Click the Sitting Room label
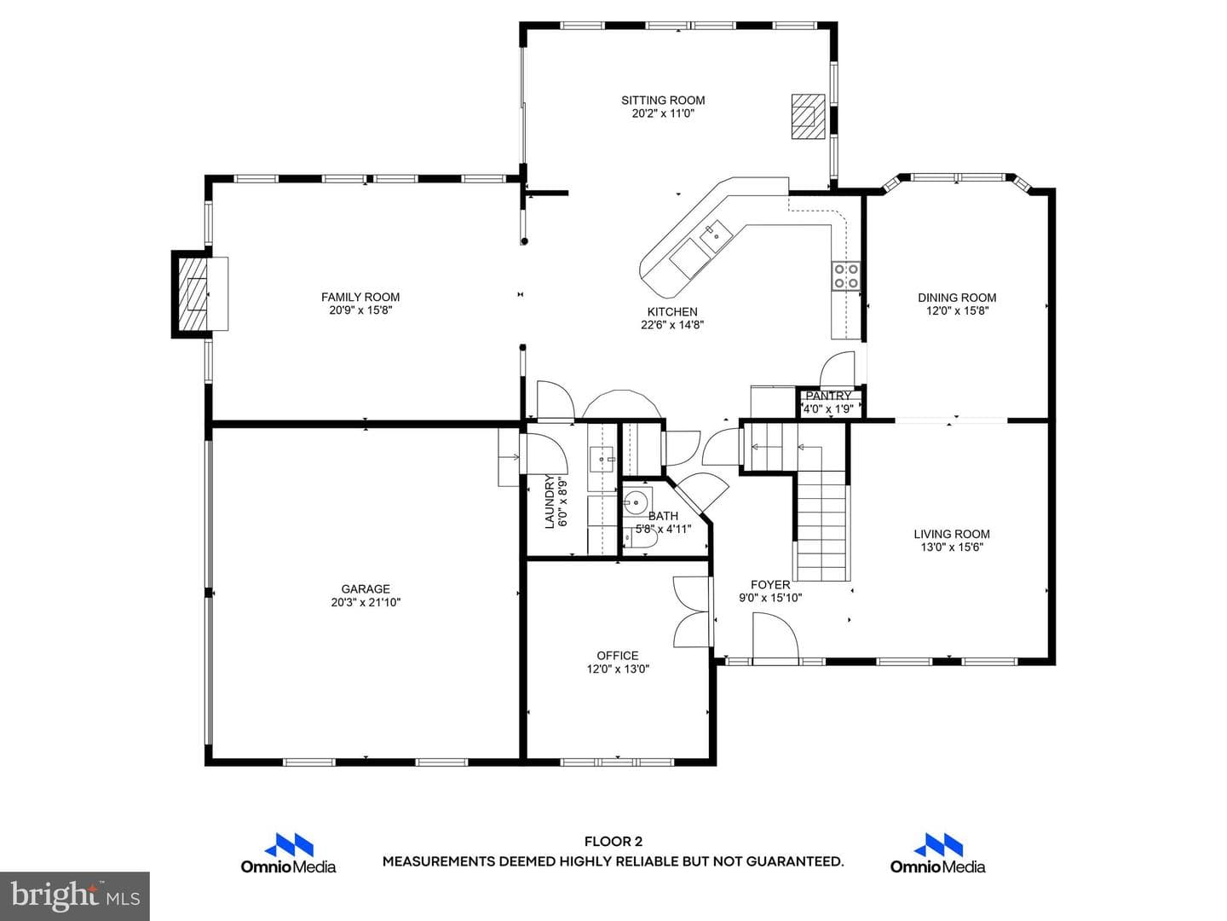pos(663,101)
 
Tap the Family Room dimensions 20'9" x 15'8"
pos(360,310)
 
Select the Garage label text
pos(366,588)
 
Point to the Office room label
pos(618,656)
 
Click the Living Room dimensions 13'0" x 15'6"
pos(952,547)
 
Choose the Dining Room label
pos(957,298)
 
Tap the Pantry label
pos(828,396)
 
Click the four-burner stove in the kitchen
pos(846,276)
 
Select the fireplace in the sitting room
pos(809,116)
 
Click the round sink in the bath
pos(638,501)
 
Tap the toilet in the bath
pos(640,538)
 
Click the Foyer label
pos(770,585)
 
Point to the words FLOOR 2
pos(613,842)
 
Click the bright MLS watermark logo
pos(75,896)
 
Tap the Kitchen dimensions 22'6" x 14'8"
pos(672,325)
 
